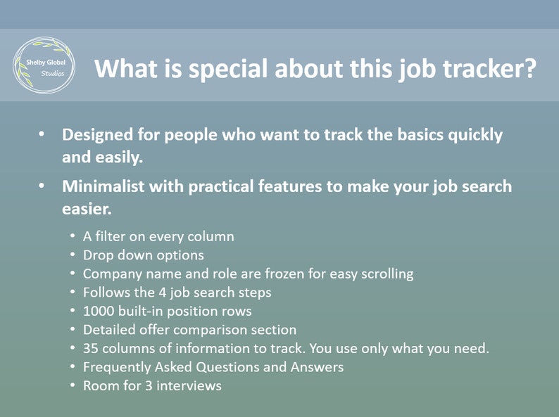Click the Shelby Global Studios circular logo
click(44, 65)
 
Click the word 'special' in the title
click(228, 68)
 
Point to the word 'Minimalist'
click(103, 186)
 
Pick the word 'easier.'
click(87, 209)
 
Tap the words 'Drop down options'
click(144, 255)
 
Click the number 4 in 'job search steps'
click(163, 293)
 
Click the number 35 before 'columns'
click(91, 349)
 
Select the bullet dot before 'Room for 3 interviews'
click(73, 385)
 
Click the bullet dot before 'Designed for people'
click(42, 134)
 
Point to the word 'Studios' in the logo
click(53, 74)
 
